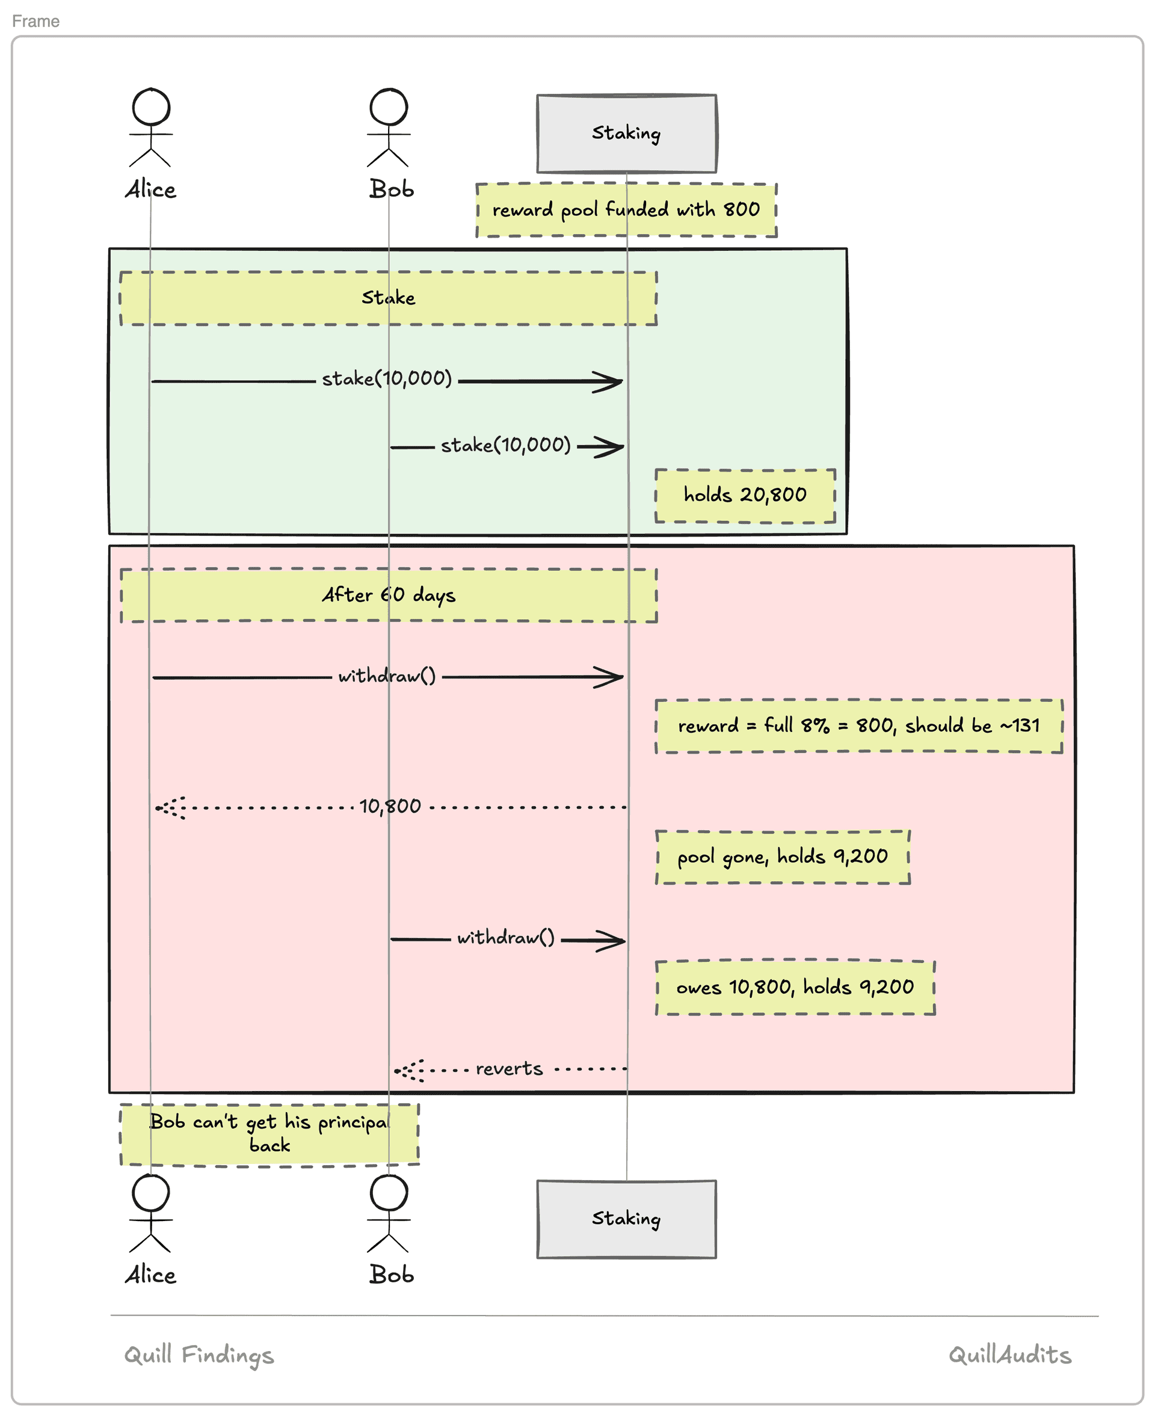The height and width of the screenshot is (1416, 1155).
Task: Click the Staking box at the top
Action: [x=627, y=134]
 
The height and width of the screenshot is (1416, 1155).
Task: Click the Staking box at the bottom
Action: [x=627, y=1219]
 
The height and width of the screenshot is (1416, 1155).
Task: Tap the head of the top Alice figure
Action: [x=151, y=106]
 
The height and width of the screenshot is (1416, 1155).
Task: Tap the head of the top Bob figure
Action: [x=389, y=106]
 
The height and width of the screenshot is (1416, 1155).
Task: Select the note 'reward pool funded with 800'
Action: [x=627, y=210]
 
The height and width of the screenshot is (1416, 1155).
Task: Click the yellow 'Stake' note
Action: [x=389, y=298]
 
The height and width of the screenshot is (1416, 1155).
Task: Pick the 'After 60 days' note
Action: [x=389, y=596]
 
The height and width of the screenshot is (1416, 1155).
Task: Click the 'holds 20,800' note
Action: [x=745, y=496]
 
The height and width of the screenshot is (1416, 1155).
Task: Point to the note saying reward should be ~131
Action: [x=859, y=726]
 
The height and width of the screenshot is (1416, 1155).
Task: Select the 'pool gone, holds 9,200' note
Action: [x=783, y=857]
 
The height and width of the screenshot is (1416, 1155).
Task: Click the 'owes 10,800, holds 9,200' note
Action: [x=795, y=988]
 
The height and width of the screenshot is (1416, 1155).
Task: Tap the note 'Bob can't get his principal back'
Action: [x=269, y=1134]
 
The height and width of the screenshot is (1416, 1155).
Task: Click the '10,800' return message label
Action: [x=390, y=807]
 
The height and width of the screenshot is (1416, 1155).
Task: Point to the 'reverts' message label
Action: [x=509, y=1069]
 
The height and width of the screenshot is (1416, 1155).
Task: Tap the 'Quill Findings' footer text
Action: [x=199, y=1355]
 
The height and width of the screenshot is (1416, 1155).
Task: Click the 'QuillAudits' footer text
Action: [x=1010, y=1355]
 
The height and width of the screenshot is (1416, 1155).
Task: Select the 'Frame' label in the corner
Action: [x=36, y=21]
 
